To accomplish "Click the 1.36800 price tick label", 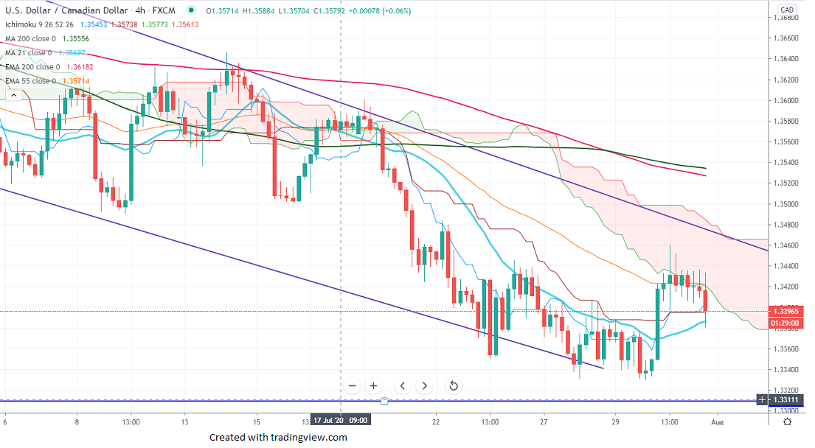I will click(x=786, y=17).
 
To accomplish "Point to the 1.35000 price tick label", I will click(x=786, y=204).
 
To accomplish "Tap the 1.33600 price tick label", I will click(x=786, y=349).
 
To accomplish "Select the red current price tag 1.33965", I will click(x=786, y=311).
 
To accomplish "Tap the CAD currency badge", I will click(x=786, y=10).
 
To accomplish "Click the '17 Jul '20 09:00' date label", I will click(x=340, y=421).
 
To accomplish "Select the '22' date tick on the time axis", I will click(x=436, y=421).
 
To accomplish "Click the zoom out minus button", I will click(x=352, y=385).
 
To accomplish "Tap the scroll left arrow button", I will click(x=403, y=385).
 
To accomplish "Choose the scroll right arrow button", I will click(x=425, y=385).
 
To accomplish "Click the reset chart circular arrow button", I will click(x=454, y=385).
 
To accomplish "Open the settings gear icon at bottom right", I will click(x=787, y=421).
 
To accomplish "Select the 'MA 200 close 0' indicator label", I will click(x=28, y=38).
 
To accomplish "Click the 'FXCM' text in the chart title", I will click(x=163, y=10).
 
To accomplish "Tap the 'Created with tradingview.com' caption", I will click(x=277, y=437).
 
